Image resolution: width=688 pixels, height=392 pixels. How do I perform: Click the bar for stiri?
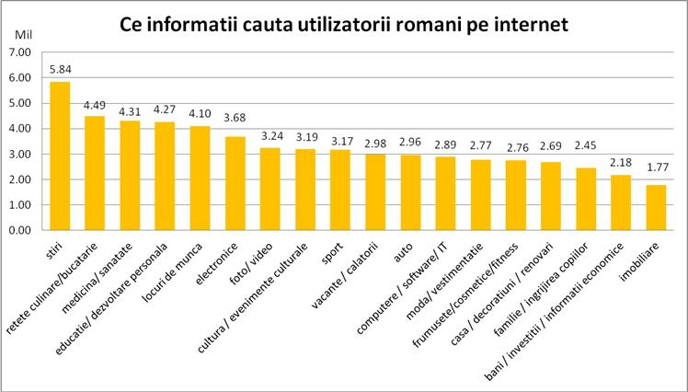(60, 156)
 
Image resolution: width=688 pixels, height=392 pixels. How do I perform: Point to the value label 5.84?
(60, 70)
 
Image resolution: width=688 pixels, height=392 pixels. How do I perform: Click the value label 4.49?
(96, 104)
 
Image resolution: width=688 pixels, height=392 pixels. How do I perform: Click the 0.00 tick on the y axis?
(19, 230)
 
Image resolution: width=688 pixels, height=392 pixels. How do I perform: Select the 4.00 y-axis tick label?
(19, 129)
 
